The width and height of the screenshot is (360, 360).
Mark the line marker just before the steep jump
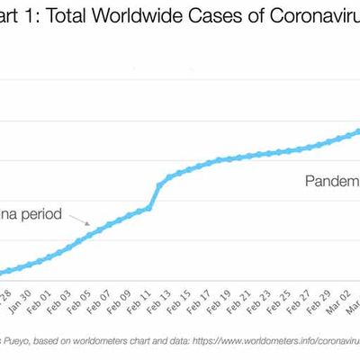coord(148,208)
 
